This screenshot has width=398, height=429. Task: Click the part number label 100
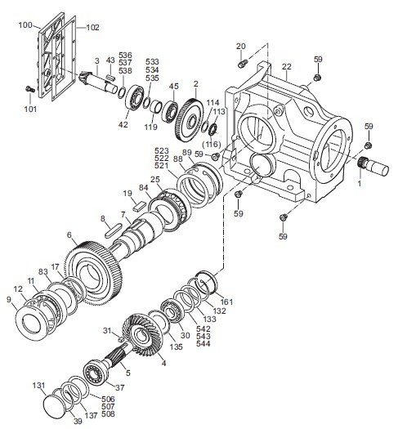(x=25, y=25)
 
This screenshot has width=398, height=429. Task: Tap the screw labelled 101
(x=29, y=89)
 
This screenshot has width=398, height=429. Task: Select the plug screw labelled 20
(x=243, y=65)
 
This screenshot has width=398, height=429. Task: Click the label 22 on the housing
(x=286, y=66)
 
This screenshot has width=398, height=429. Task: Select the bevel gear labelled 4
(x=143, y=336)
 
